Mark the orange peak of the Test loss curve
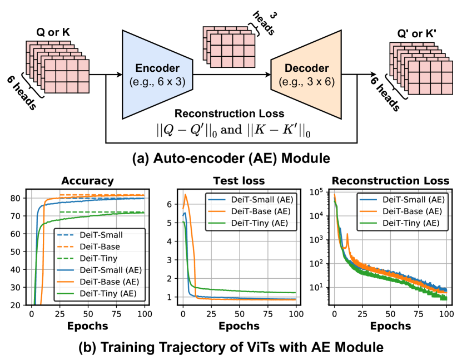[x=186, y=194]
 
